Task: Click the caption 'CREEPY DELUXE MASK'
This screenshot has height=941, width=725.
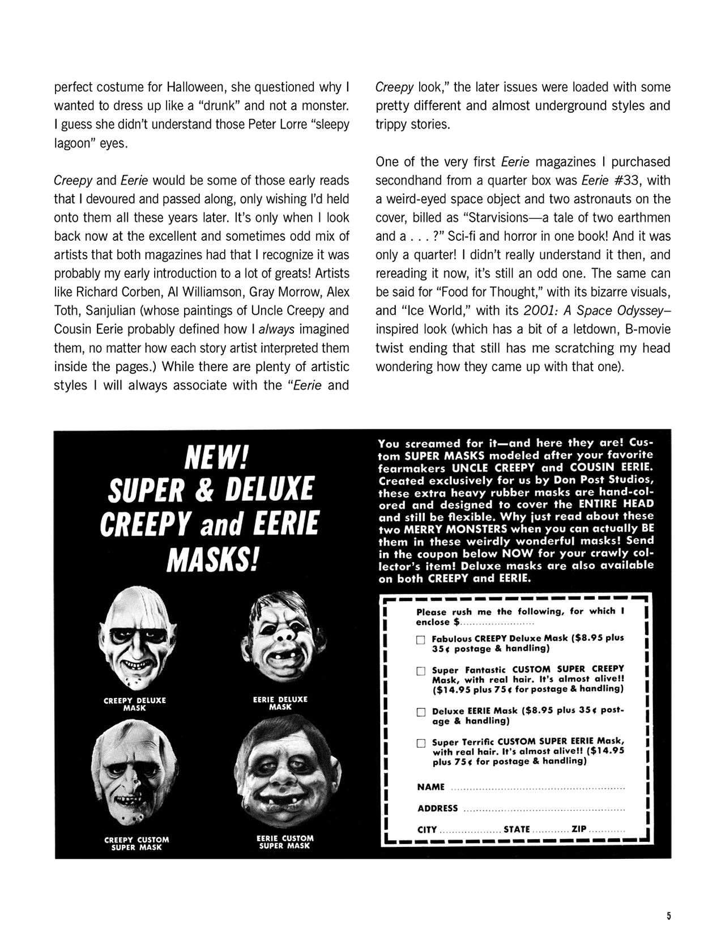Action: (135, 704)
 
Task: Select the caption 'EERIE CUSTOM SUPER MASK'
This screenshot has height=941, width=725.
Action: (285, 842)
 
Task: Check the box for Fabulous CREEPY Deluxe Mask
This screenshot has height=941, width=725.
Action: (421, 640)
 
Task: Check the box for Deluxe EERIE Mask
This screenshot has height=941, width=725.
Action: (421, 712)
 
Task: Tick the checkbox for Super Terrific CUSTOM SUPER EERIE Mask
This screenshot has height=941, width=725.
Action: (421, 743)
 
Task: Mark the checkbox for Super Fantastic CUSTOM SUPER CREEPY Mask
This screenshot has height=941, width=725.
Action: (421, 671)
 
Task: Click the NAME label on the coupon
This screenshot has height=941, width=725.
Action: (430, 787)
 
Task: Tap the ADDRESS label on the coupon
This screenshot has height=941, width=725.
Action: (437, 808)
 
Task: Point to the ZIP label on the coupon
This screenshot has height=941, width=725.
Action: (579, 829)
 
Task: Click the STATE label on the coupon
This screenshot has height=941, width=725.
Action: (517, 829)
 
